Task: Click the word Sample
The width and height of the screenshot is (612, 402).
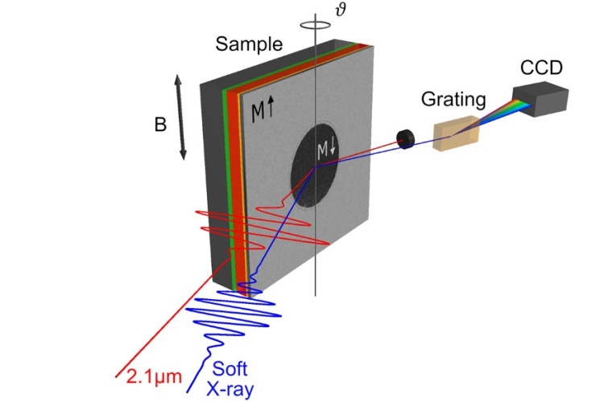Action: pyautogui.click(x=249, y=45)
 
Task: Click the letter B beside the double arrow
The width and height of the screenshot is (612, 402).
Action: pyautogui.click(x=162, y=125)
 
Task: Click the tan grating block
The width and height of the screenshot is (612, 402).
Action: pyautogui.click(x=455, y=133)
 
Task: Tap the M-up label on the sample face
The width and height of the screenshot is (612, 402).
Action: pyautogui.click(x=261, y=113)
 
